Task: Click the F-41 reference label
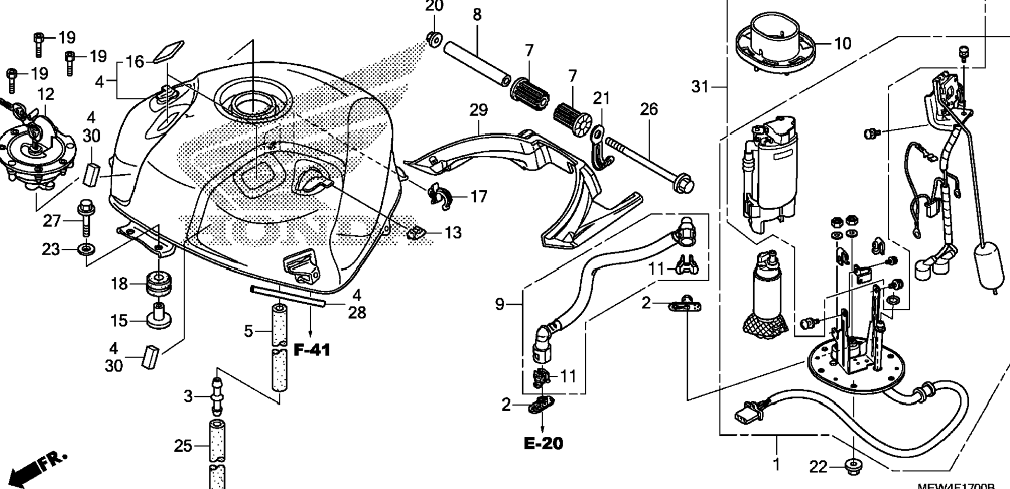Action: [x=312, y=350]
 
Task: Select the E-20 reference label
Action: [x=543, y=444]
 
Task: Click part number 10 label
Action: [x=842, y=43]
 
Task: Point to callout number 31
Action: [x=700, y=87]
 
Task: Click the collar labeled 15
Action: [x=159, y=317]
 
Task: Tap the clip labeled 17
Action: [x=440, y=197]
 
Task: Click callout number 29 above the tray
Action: [x=478, y=110]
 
